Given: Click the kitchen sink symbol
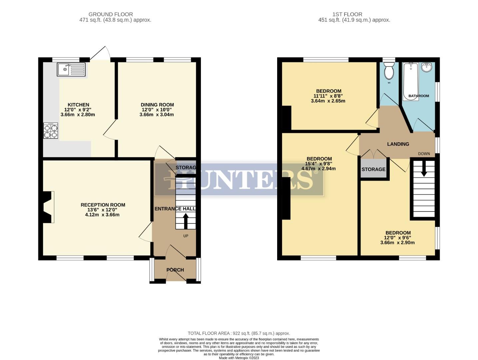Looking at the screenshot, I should click(71, 69).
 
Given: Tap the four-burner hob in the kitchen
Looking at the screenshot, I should click(50, 131).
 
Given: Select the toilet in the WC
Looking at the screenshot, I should click(389, 71).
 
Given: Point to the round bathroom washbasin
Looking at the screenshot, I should click(426, 67).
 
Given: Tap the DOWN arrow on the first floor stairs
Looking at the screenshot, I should click(424, 170).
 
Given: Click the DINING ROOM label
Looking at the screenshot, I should click(157, 105).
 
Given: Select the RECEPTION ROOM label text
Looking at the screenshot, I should click(103, 205).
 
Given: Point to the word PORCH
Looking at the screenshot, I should click(175, 270).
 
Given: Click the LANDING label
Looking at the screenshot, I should click(398, 144).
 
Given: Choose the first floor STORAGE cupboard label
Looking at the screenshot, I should click(373, 169).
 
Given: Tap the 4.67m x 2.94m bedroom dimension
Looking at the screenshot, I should click(318, 169).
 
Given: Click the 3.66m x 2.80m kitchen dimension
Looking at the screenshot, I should click(78, 115).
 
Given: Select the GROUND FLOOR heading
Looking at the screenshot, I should click(111, 14).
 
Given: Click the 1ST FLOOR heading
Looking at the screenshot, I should click(347, 14).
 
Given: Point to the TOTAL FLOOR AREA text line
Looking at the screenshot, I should click(239, 333).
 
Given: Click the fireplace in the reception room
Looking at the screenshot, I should click(47, 207).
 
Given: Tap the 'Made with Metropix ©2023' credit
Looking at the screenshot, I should click(239, 358).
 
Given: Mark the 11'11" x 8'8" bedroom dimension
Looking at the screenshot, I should click(329, 96).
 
